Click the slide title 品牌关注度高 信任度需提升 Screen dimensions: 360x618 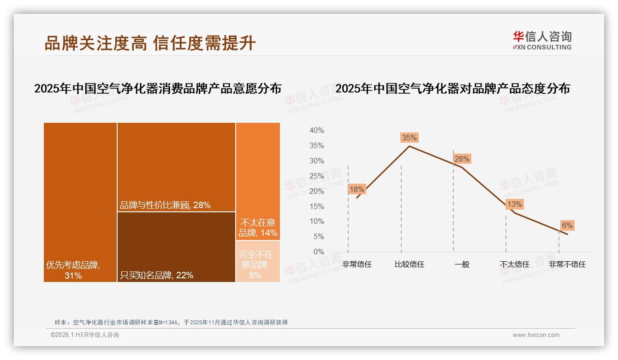[150, 43]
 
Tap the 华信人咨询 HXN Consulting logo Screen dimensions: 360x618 [542, 40]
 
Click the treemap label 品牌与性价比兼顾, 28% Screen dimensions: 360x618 [165, 205]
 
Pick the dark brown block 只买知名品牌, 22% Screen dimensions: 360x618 [176, 247]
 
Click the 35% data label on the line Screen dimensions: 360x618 [409, 138]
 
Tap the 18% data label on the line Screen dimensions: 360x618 [357, 189]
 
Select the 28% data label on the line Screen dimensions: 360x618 [462, 159]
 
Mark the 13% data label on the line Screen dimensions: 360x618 [514, 204]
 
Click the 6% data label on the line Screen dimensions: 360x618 [567, 225]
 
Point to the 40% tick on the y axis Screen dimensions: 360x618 [316, 131]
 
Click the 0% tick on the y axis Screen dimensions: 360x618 [318, 252]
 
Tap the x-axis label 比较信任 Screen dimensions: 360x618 [409, 264]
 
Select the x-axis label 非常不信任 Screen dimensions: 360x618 [567, 264]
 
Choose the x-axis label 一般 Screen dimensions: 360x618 [462, 264]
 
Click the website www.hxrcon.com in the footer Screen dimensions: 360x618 [536, 335]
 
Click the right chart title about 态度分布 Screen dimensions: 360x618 [452, 89]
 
